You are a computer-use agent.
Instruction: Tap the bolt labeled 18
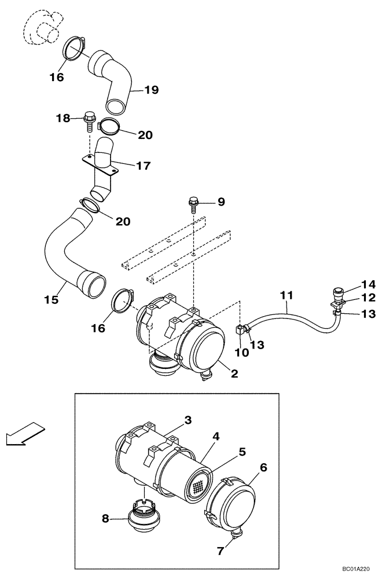pos(89,119)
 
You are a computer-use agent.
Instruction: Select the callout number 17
pos(143,166)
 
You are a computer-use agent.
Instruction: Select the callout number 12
pos(368,298)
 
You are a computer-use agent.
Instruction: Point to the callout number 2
pos(234,374)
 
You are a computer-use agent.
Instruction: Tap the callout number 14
pos(368,284)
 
